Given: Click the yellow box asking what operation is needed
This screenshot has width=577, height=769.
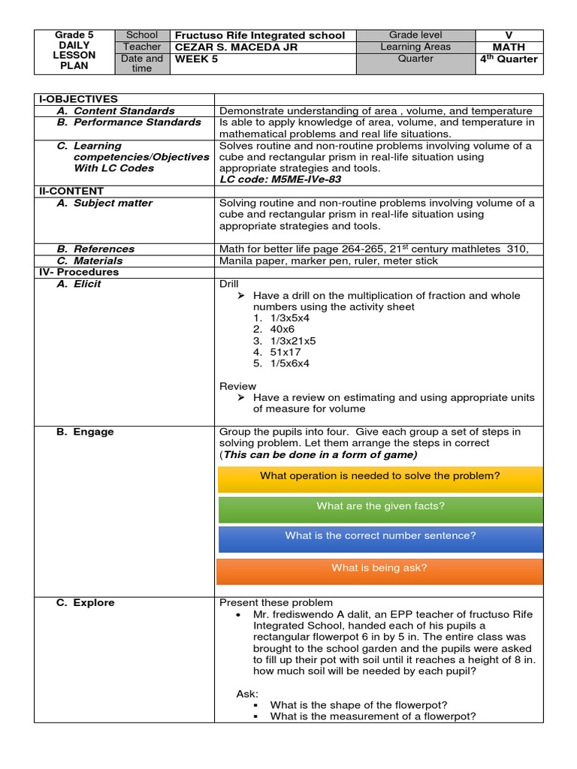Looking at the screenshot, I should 379,477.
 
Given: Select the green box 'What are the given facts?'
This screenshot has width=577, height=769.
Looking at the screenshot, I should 379,507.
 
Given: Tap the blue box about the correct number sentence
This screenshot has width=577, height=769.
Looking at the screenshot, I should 379,536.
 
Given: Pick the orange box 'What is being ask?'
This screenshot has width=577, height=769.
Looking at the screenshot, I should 379,568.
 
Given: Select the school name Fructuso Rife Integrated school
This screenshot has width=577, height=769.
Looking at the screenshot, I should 260,35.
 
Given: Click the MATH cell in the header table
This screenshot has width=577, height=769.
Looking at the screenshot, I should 509,47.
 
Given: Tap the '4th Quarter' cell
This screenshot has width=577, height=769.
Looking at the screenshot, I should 509,59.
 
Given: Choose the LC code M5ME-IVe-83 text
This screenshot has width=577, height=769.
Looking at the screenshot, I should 270,180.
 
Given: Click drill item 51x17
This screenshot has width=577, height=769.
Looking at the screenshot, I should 270,351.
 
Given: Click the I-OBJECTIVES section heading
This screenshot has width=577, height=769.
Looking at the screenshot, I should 78,99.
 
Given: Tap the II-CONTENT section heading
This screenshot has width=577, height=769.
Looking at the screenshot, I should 74,191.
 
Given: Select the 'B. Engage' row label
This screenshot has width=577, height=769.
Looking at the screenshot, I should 85,432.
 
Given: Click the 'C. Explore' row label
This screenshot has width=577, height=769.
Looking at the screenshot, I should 86,602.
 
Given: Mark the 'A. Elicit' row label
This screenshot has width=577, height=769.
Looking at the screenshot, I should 79,284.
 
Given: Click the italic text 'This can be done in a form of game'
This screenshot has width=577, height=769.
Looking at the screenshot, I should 319,454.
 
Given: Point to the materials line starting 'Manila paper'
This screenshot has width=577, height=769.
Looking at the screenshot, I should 328,261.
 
